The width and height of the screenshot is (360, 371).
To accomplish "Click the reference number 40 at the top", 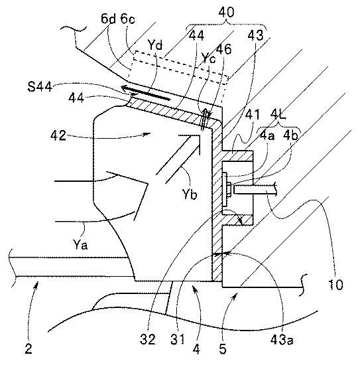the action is click(x=226, y=12).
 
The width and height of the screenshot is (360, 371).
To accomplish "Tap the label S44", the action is click(x=40, y=86).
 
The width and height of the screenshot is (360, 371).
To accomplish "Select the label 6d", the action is click(x=108, y=19).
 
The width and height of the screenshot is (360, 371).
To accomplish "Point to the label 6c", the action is click(x=127, y=19).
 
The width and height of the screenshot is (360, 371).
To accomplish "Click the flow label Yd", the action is click(x=155, y=44).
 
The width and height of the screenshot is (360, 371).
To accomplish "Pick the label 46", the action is click(x=223, y=49).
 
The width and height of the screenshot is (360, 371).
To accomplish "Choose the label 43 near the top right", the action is click(x=255, y=36).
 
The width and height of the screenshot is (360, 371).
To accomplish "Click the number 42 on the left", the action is click(x=58, y=135).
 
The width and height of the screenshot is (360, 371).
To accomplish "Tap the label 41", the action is click(x=252, y=115).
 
